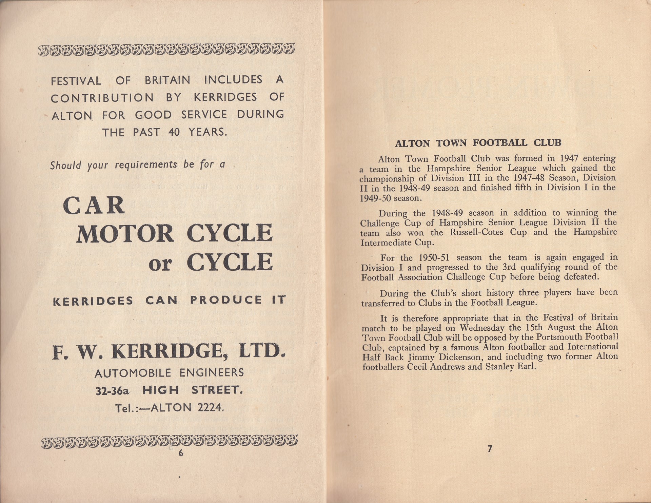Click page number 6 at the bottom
click(181, 453)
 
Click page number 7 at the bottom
click(489, 449)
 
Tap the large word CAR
click(94, 206)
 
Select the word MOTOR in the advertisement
click(125, 234)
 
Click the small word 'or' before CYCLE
click(160, 264)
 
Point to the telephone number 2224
click(211, 407)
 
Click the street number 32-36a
click(113, 391)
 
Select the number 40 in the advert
click(174, 132)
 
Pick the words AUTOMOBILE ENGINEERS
click(169, 373)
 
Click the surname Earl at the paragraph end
click(526, 367)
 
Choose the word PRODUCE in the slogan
click(226, 300)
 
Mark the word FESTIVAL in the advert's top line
click(76, 81)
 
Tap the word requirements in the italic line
click(146, 165)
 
